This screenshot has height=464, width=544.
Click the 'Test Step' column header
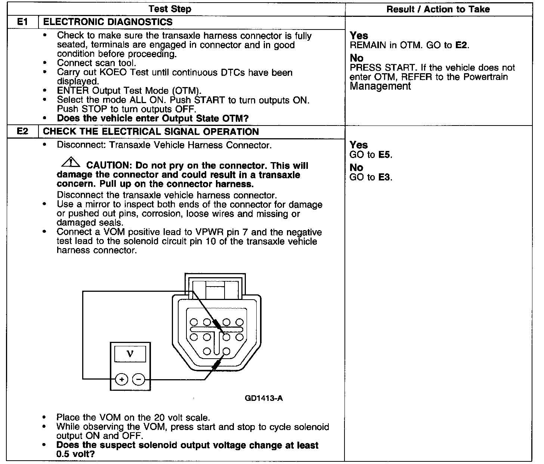tap(170, 9)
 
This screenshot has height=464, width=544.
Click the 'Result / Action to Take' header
tap(438, 9)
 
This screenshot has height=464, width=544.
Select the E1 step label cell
tap(23, 22)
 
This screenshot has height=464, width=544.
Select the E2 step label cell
tap(23, 132)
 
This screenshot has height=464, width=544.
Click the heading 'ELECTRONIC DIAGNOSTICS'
tap(108, 22)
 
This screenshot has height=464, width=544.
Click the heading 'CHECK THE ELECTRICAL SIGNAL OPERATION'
tap(151, 132)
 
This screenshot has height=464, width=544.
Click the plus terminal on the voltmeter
tap(121, 380)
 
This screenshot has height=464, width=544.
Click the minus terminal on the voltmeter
tap(139, 380)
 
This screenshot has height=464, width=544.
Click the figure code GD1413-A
tap(264, 398)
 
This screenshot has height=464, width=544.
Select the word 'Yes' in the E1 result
tap(359, 36)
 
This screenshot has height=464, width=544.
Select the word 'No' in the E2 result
tap(356, 168)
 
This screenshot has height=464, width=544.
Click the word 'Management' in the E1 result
tap(380, 86)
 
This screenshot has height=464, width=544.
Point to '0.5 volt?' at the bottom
tap(75, 454)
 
